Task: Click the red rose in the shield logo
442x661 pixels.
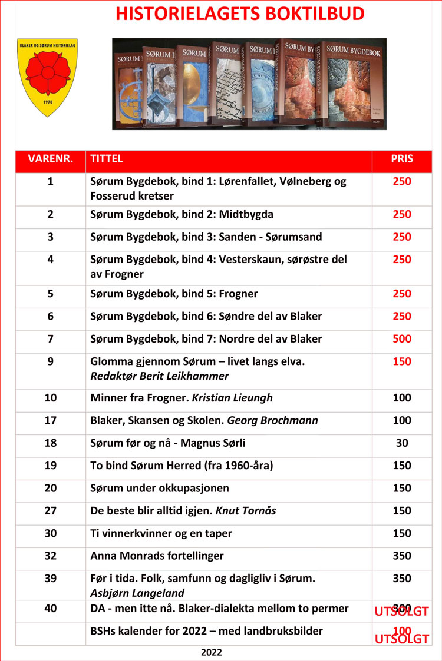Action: point(48,75)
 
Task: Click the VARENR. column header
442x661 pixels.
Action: point(51,159)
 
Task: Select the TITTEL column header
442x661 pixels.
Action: point(107,159)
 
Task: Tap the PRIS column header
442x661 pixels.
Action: point(402,159)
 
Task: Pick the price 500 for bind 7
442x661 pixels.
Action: point(402,339)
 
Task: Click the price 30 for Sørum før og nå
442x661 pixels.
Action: point(402,443)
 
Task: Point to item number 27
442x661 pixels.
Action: point(51,511)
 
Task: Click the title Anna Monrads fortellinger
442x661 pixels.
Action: point(157,556)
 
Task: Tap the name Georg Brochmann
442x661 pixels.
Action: point(272,421)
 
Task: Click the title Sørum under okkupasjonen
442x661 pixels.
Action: point(160,489)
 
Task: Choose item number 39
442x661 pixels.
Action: point(51,579)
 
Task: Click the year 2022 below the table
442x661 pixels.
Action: point(212,652)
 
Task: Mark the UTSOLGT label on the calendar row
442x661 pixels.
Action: point(402,639)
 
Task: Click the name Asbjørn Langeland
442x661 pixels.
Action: point(137,593)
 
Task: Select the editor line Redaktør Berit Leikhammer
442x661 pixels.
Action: point(159,376)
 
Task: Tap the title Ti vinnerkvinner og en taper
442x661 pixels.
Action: point(161,533)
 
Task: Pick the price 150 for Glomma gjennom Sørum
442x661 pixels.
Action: point(402,362)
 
